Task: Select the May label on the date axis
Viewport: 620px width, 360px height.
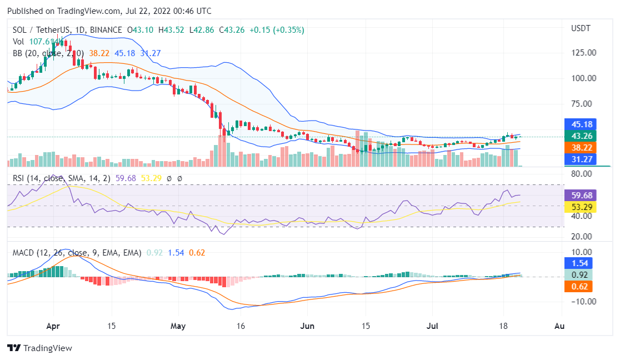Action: point(178,326)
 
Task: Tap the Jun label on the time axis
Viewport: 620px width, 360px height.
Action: point(307,326)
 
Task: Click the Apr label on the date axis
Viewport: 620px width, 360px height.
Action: point(53,326)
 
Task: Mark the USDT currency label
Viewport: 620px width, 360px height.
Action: point(581,28)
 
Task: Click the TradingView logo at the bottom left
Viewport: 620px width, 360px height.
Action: point(39,348)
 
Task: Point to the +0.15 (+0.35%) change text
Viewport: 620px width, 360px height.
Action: point(277,30)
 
